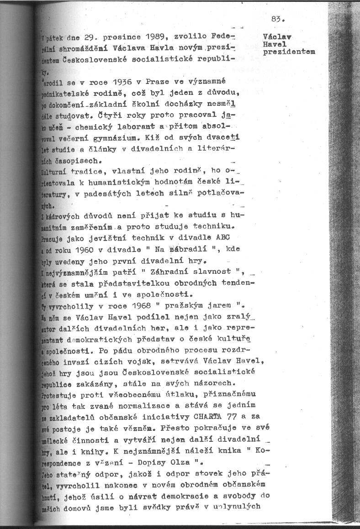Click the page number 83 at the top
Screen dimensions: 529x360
[x=277, y=19]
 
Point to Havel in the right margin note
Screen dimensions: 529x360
[x=275, y=44]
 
